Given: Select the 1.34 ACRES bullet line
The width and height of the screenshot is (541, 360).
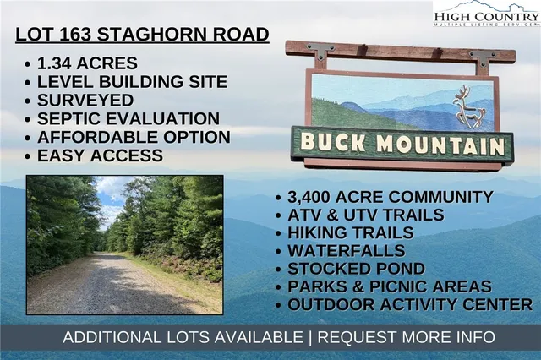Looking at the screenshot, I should (85, 64).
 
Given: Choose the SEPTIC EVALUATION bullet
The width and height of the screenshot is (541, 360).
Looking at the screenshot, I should (127, 119).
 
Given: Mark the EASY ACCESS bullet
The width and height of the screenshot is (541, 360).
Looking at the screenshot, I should (101, 155).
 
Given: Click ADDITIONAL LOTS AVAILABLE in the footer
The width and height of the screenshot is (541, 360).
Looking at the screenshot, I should (181, 337).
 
